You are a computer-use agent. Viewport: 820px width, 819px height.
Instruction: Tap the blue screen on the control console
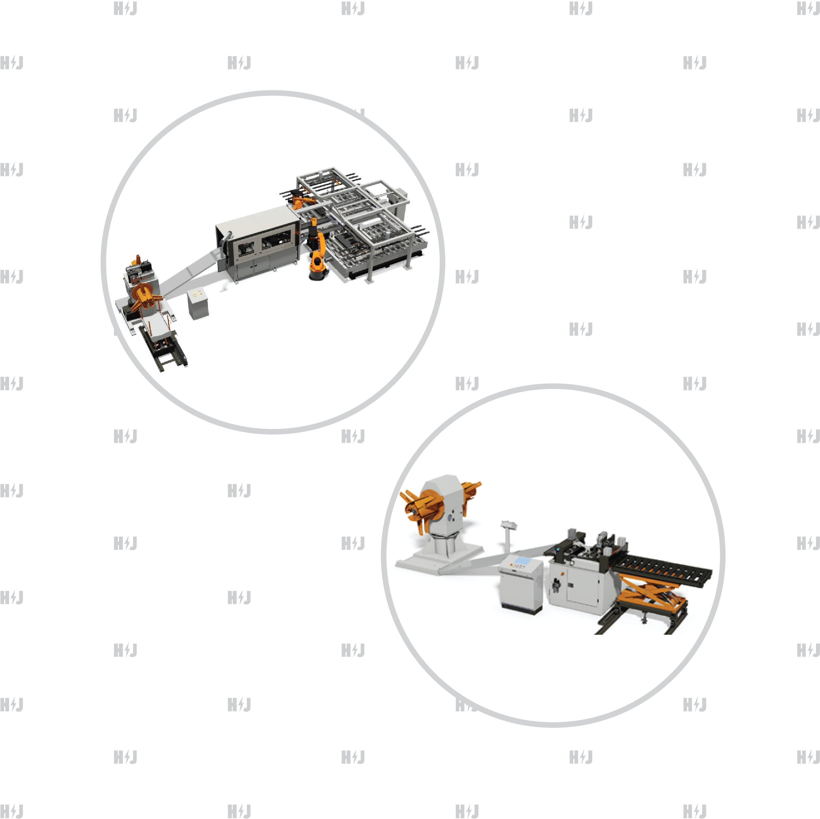coord(522,561)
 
